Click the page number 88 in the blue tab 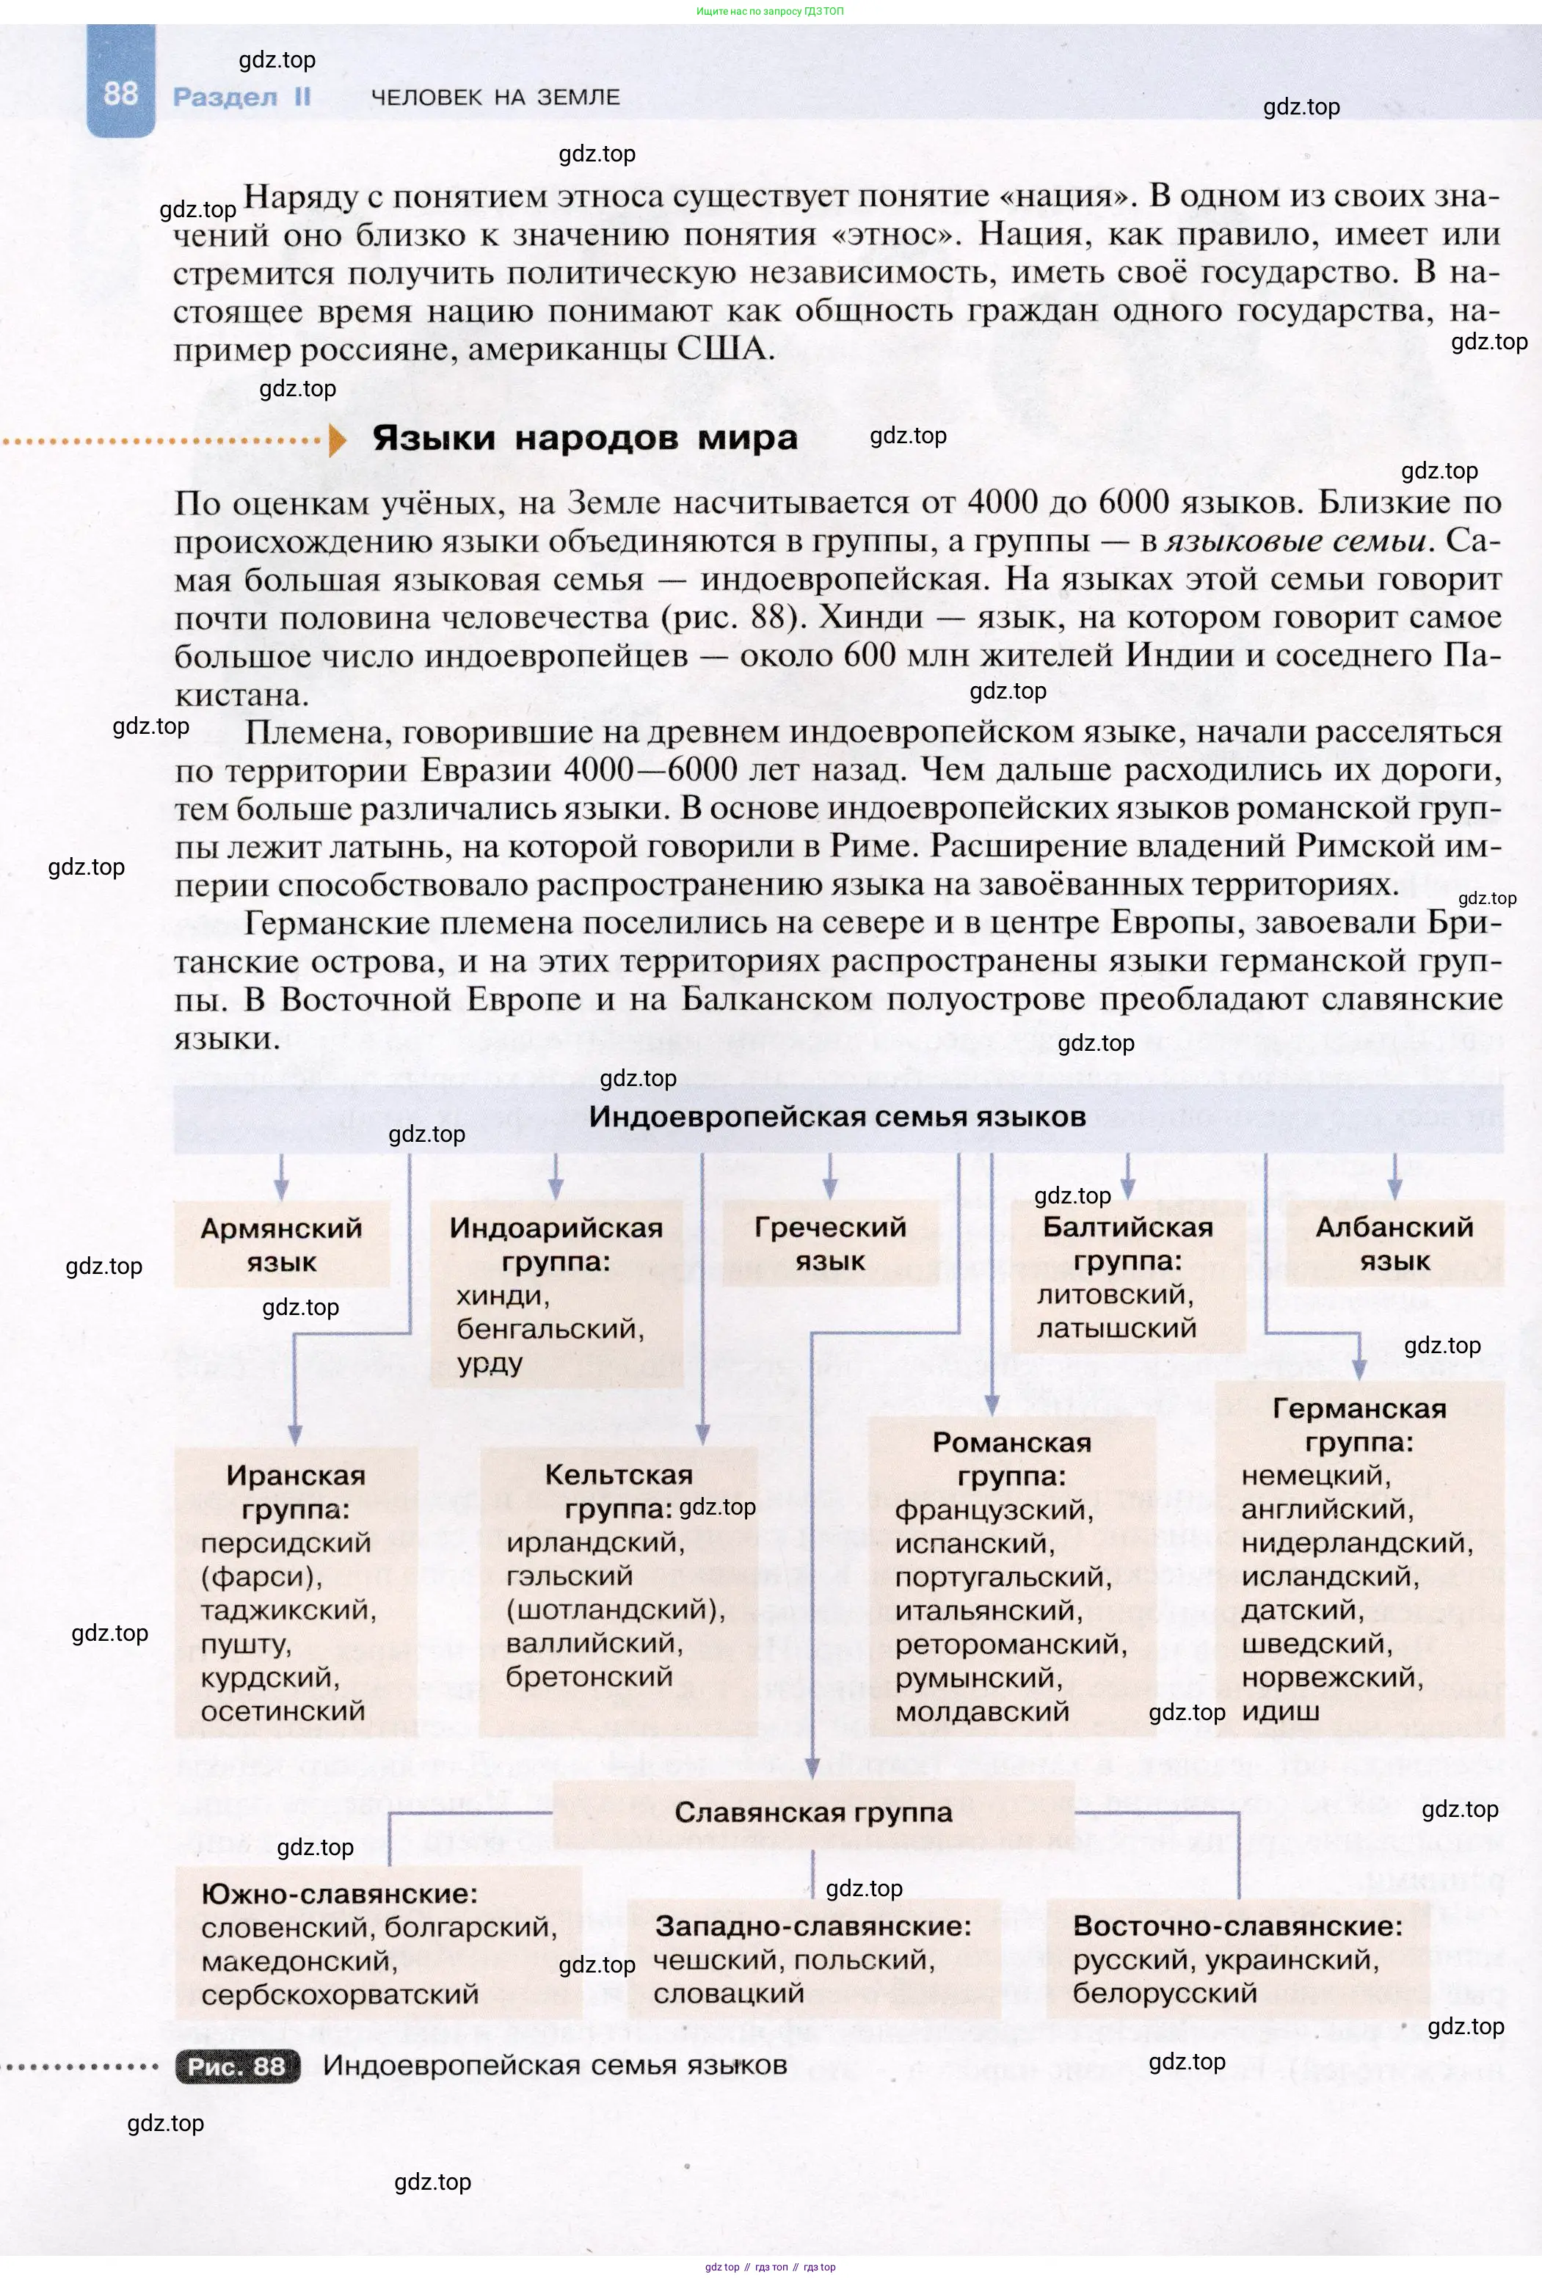(x=120, y=93)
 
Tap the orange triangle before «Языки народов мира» (x=338, y=440)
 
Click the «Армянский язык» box (x=282, y=1244)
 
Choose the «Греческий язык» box (x=830, y=1243)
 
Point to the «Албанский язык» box (x=1394, y=1243)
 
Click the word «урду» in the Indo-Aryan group (x=490, y=1363)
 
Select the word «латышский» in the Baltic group (x=1116, y=1328)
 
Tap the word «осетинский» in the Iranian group (x=283, y=1711)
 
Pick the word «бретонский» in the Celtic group (x=589, y=1677)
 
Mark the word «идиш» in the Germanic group (x=1280, y=1712)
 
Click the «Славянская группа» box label (x=813, y=1812)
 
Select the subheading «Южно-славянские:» (x=339, y=1893)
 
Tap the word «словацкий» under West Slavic (x=729, y=1994)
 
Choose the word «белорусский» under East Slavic (x=1164, y=1994)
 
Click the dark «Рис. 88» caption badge (x=237, y=2066)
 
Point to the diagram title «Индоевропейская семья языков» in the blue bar (x=837, y=1116)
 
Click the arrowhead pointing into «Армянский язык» (x=282, y=1191)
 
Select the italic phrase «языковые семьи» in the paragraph (x=1296, y=541)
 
